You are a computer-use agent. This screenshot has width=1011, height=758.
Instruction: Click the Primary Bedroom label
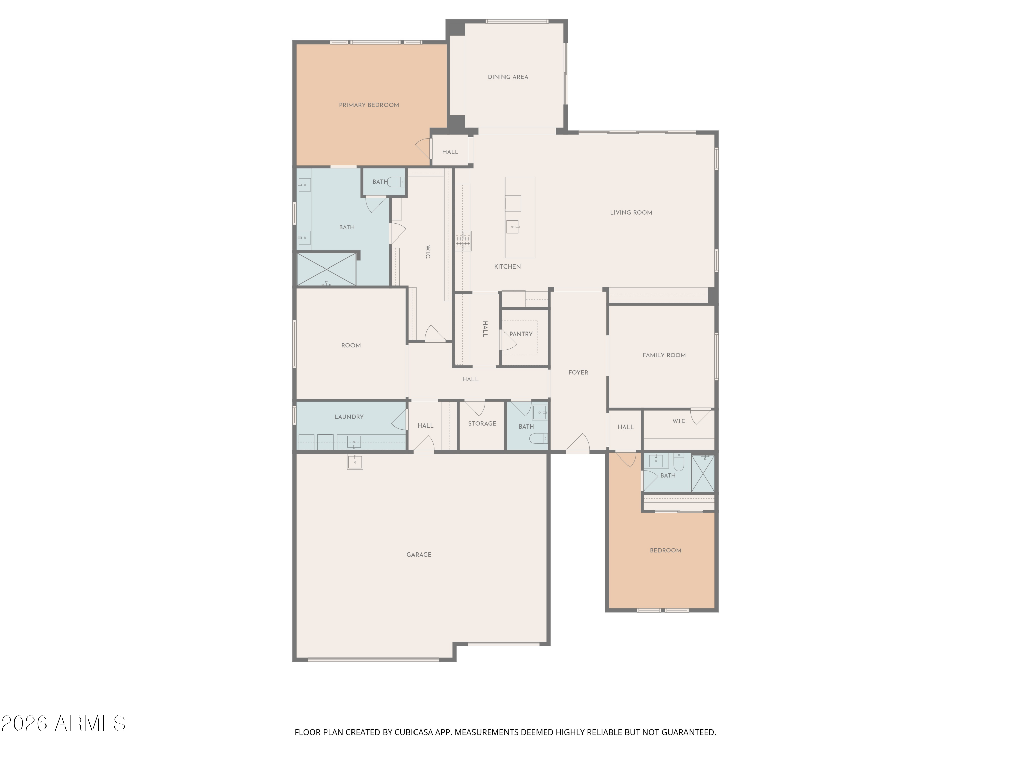coord(369,105)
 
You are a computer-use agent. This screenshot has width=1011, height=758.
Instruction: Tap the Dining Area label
coord(508,77)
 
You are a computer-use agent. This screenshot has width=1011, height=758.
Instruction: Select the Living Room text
coord(631,213)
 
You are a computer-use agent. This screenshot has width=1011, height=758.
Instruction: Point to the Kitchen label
coord(507,266)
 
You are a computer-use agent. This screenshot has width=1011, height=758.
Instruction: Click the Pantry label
coord(521,334)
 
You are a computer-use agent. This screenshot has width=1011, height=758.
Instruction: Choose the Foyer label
coord(578,372)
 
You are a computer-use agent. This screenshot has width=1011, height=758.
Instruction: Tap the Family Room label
coord(664,355)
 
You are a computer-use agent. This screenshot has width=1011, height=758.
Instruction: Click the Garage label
coord(419,555)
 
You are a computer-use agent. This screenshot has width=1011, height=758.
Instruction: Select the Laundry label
coord(349,417)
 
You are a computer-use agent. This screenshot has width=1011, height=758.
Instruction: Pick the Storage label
coord(482,423)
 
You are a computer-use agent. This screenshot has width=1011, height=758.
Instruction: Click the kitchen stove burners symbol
coord(463,241)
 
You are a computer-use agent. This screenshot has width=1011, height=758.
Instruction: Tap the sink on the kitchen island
coord(512,227)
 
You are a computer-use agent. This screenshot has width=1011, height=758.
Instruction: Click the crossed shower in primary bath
coord(326,270)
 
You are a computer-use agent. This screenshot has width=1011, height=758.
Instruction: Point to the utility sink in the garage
coord(355,462)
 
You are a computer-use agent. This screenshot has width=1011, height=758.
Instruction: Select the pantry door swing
coord(508,340)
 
